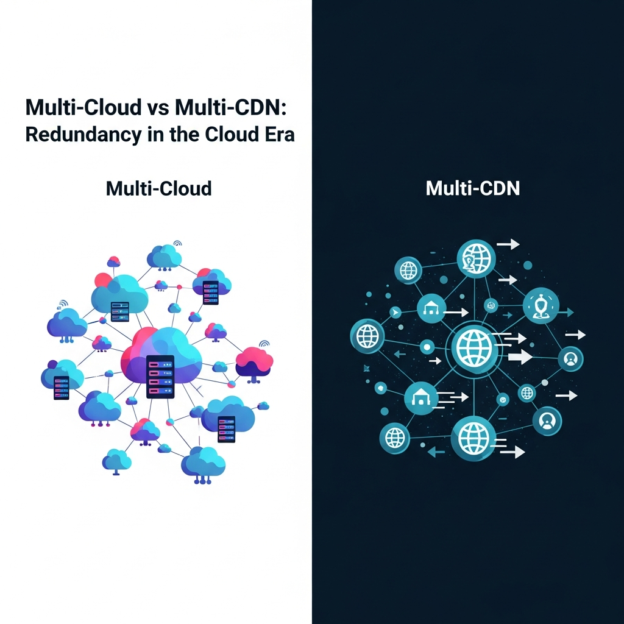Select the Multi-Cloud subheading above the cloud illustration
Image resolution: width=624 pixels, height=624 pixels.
click(158, 188)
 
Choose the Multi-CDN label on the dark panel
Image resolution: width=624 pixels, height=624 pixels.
click(472, 188)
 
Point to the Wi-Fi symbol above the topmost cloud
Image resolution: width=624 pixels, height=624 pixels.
click(177, 243)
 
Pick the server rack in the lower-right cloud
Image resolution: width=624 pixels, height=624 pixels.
click(226, 428)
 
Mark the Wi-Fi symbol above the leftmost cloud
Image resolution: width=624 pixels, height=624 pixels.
click(62, 303)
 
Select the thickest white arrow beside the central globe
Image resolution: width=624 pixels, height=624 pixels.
click(519, 357)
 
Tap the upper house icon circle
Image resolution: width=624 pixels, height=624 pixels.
click(432, 310)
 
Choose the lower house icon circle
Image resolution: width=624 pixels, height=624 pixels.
click(421, 399)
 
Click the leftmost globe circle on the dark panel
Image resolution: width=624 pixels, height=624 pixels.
click(367, 336)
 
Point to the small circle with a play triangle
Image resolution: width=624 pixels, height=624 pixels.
click(395, 313)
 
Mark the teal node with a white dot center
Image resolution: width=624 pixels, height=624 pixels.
click(427, 347)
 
